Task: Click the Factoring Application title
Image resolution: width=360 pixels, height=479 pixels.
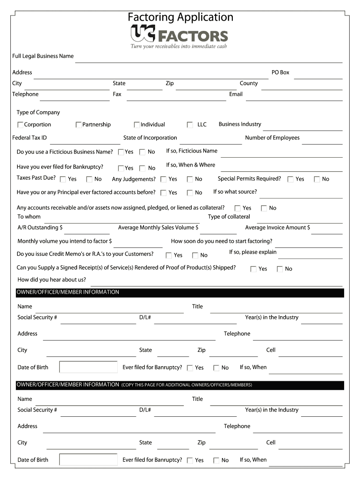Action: [x=180, y=17]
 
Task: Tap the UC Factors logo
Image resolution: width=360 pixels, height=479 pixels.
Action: [x=179, y=35]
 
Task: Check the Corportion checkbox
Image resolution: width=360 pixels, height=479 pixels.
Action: [x=21, y=125]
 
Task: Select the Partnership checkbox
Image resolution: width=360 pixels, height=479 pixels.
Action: [x=79, y=125]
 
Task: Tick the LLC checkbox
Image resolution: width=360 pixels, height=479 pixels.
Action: [x=190, y=125]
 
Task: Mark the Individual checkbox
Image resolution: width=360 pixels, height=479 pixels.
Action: [x=137, y=125]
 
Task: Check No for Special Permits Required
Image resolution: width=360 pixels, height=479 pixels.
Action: [x=317, y=179]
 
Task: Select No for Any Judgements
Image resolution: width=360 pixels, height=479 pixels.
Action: [x=190, y=179]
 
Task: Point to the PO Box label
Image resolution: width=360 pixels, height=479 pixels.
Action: [x=281, y=73]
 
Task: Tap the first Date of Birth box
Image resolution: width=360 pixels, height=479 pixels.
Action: [x=88, y=367]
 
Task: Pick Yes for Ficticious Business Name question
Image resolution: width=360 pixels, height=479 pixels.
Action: [x=121, y=152]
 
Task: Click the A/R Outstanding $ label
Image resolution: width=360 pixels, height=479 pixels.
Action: [x=40, y=228]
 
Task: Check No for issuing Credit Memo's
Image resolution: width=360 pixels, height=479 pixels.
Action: [x=195, y=255]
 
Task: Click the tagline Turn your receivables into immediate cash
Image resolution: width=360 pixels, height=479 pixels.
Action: [x=179, y=46]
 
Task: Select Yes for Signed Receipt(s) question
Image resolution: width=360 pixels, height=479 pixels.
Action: [x=253, y=269]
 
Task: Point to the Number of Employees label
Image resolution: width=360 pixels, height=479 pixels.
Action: [x=272, y=138]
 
